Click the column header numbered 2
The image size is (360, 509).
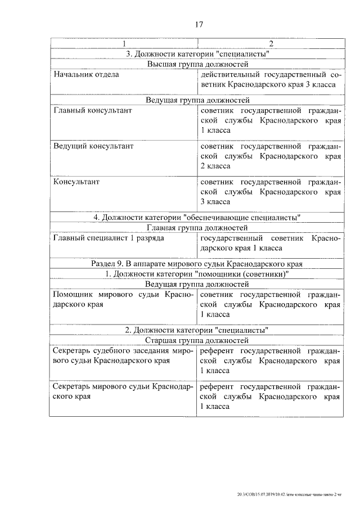coord(271,44)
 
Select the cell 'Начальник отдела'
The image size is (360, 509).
coord(86,74)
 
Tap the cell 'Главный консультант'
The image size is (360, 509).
coord(93,110)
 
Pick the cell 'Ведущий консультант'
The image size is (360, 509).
coord(93,146)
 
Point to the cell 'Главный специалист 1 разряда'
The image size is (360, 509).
coord(109,238)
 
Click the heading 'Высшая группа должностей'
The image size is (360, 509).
coord(197,65)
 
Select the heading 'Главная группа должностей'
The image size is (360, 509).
coord(197,228)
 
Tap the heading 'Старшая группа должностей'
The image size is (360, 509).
coord(197,340)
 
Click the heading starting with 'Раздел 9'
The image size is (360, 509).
coord(197,263)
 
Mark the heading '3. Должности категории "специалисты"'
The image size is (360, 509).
coord(197,55)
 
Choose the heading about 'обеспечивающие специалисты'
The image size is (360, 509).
coord(197,218)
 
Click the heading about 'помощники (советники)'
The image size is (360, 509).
coord(197,274)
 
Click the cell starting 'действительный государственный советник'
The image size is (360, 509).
coord(270,79)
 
